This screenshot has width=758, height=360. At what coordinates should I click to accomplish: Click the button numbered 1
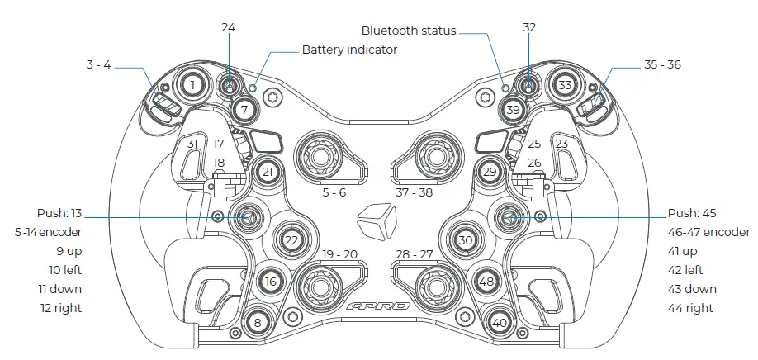[192, 85]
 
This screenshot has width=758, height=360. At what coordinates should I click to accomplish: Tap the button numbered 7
[244, 109]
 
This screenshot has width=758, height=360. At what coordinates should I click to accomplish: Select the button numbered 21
[267, 172]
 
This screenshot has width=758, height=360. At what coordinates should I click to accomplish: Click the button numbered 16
[270, 282]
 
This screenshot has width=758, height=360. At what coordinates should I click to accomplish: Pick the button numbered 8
[258, 323]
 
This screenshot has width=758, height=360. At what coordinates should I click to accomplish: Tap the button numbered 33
[564, 85]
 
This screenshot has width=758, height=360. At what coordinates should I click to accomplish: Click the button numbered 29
[490, 172]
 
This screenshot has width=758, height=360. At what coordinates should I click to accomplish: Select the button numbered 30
[465, 239]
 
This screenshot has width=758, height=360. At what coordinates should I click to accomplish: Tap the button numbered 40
[499, 323]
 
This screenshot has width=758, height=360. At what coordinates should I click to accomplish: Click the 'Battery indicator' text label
[349, 50]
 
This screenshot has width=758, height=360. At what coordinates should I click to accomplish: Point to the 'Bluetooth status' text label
[409, 31]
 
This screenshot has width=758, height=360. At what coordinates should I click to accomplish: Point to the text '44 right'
[692, 308]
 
